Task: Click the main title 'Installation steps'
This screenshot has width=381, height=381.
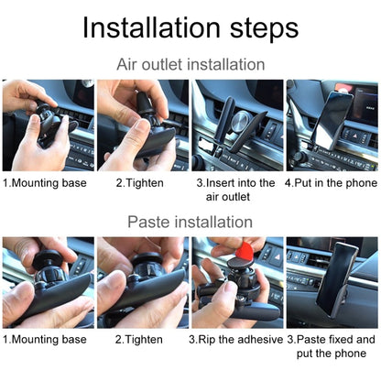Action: coord(190,27)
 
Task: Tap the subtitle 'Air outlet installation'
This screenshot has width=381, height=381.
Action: coord(190,65)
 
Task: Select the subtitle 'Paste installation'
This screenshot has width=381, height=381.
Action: coord(190,222)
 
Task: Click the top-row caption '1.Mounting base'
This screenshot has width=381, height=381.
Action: coord(45,182)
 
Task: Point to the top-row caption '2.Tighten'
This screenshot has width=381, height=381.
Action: coord(139,182)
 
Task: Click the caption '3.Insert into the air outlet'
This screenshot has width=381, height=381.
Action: coord(235,190)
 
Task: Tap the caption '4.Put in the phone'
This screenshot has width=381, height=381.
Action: coord(331,182)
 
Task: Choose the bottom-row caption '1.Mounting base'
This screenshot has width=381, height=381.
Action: coord(45,339)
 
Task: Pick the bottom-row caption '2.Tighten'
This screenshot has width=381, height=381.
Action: coord(139,339)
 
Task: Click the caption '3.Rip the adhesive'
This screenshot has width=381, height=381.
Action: coord(235,339)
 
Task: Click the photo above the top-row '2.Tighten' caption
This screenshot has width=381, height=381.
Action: coord(141,125)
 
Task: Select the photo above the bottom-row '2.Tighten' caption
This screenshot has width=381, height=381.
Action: coord(141,282)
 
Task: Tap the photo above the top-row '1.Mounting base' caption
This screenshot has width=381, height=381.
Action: coord(48,125)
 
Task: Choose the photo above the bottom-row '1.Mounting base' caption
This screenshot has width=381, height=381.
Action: coord(48,282)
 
